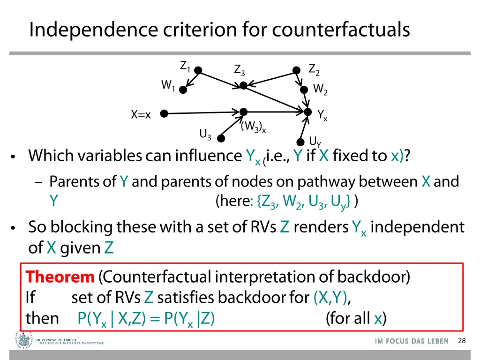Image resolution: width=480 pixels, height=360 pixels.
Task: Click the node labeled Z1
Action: coord(198,70)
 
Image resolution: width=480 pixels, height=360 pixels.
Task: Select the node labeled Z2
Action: coord(296,70)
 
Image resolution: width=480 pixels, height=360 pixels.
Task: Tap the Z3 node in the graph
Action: coord(243,85)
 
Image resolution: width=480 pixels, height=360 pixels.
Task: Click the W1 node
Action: coord(183,90)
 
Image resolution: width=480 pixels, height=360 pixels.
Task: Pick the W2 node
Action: coord(304,90)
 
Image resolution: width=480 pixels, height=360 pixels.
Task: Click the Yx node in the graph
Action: coord(307,112)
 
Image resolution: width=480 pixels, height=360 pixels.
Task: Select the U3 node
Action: coord(221,138)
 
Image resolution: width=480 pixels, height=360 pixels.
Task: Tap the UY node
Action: coord(300,142)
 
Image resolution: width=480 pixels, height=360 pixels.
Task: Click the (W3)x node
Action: coord(243,112)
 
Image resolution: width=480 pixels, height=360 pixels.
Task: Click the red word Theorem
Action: coord(60,277)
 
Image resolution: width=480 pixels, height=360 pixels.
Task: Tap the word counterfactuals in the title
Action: coord(340,30)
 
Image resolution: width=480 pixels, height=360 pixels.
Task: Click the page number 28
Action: coord(462,341)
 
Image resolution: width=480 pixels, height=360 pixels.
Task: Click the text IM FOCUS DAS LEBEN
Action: coord(412,341)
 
